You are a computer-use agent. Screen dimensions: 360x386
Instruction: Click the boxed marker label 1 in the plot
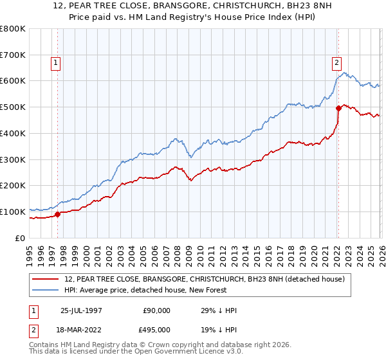[x=56, y=63]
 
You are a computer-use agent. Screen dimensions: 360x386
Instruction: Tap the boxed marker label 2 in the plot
[x=336, y=63]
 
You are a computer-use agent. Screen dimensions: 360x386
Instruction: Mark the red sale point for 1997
[x=58, y=214]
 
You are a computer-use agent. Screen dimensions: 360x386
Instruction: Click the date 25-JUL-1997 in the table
[x=81, y=310]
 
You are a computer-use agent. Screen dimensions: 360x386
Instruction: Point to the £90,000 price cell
[x=156, y=310]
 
